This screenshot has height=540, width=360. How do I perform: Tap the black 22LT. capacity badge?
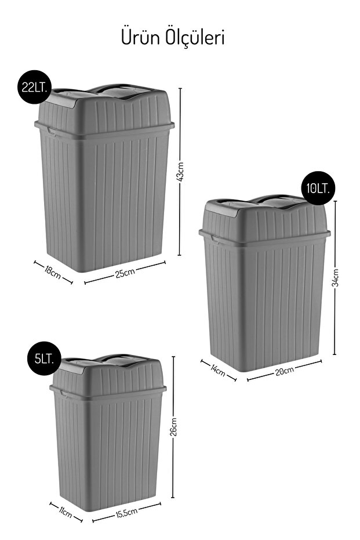(x=34, y=87)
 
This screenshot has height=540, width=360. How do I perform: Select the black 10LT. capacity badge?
(x=318, y=188)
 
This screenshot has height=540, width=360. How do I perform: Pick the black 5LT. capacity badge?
(x=44, y=359)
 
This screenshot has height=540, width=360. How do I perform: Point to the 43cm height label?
(x=181, y=172)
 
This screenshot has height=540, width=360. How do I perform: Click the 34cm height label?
(x=336, y=278)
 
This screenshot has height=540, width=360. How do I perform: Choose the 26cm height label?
(x=173, y=427)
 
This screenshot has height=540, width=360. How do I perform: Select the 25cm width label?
(x=125, y=273)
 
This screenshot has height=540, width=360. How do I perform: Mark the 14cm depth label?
(x=217, y=371)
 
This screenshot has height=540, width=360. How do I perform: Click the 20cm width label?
(x=285, y=371)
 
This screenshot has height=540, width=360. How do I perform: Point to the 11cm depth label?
(x=65, y=512)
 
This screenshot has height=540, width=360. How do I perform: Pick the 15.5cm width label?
(x=126, y=513)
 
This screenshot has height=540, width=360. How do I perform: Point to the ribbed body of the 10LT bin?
(x=264, y=303)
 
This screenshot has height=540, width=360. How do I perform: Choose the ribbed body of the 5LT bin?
(x=108, y=451)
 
